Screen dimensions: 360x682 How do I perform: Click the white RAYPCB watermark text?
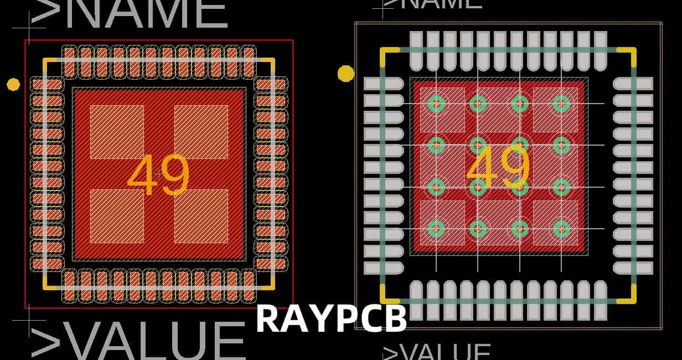(x=331, y=318)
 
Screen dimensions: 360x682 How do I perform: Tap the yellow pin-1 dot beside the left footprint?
(x=13, y=84)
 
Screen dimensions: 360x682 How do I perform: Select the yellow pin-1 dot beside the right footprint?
(x=346, y=74)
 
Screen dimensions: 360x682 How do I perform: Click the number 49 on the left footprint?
(x=158, y=176)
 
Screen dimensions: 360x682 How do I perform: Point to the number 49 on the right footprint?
(x=498, y=167)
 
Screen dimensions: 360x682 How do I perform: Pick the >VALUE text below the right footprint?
(x=437, y=352)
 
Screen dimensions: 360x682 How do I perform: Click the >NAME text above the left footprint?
(x=130, y=13)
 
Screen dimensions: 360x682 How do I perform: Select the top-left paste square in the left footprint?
(x=117, y=132)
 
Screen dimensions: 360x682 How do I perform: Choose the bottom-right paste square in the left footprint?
(x=201, y=216)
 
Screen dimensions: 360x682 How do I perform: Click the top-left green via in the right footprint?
(x=436, y=104)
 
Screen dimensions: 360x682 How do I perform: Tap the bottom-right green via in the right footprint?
(x=561, y=228)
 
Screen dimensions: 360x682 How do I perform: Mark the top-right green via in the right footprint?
(x=561, y=104)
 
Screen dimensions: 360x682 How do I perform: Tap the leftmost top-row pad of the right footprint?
(x=416, y=50)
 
